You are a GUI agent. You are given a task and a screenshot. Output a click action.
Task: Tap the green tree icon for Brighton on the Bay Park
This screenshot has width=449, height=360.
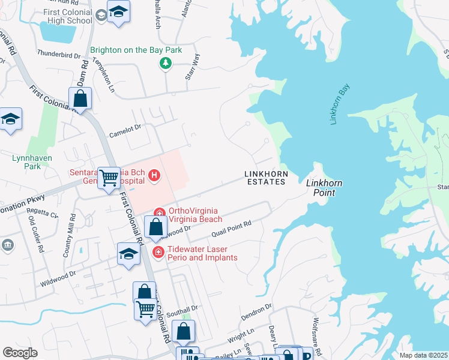(x=163, y=63)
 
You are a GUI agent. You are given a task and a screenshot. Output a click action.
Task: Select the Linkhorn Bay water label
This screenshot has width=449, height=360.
(x=339, y=104)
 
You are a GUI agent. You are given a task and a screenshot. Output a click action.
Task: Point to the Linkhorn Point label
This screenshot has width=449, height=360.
(x=320, y=188)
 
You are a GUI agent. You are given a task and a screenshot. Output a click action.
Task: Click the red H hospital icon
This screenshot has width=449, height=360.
(x=155, y=176)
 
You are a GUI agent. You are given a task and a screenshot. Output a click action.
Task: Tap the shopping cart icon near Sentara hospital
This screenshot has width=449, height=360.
(x=109, y=178)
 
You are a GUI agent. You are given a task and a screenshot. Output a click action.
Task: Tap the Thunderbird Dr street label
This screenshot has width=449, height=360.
(x=58, y=55)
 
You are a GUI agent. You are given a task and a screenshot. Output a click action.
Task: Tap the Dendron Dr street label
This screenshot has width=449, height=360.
(x=256, y=311)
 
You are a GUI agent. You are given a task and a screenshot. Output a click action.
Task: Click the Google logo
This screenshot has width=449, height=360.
(x=20, y=353)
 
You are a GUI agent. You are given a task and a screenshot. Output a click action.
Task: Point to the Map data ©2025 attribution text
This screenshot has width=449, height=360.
(x=423, y=355)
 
